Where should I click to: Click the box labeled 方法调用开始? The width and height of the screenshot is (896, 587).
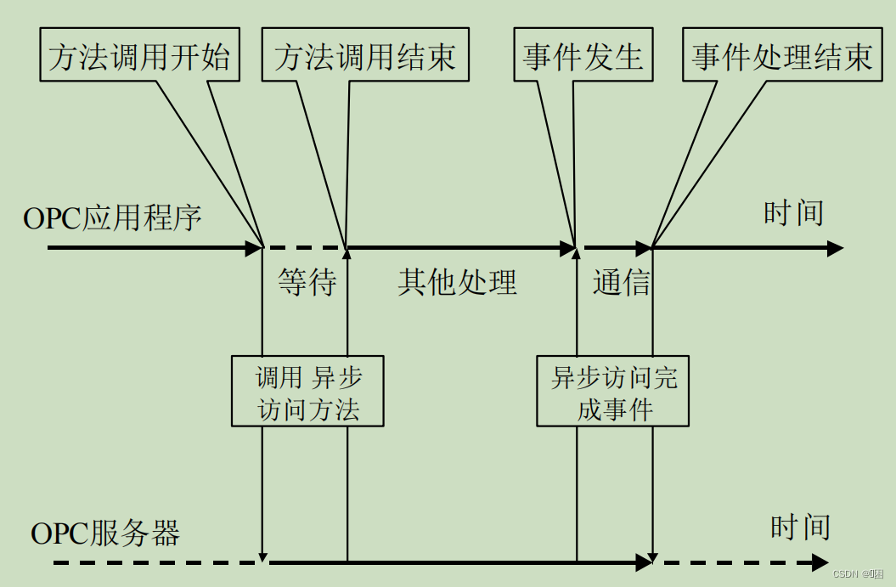140,57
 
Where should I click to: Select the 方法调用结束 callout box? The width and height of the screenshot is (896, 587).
365,57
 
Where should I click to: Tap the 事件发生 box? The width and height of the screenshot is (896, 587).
583,57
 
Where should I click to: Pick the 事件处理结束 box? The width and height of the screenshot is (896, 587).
781,57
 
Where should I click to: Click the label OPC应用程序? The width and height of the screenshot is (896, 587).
112,218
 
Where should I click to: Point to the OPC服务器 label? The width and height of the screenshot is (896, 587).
105,533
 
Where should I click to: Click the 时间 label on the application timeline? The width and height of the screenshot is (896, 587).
793,212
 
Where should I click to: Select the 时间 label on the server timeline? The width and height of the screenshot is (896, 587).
800,527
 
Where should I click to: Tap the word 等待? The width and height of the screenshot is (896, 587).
307,283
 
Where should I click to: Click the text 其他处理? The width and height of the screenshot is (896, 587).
457,283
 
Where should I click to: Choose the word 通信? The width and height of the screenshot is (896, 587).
621,283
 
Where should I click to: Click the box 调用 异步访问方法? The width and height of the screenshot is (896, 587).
307,392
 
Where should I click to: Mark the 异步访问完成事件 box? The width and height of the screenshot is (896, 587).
613,392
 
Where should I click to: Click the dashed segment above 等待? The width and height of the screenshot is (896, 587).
304,249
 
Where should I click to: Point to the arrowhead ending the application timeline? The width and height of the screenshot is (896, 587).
834,249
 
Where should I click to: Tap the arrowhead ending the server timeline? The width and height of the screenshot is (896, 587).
820,562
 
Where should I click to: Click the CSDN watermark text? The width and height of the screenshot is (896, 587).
857,574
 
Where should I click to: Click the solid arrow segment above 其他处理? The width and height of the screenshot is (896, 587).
459,249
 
